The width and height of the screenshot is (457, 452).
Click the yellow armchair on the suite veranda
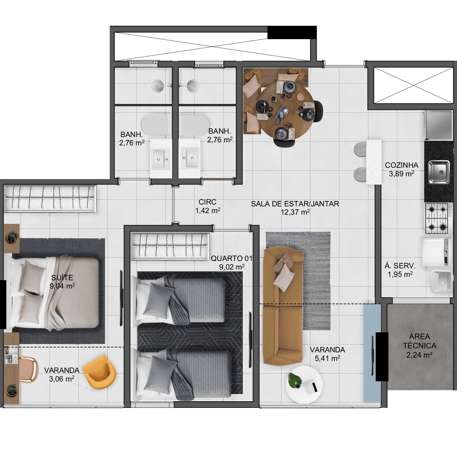coord(100,372)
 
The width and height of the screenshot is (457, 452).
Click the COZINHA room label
coord(402,165)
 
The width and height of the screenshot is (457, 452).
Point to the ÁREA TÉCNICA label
coord(420,341)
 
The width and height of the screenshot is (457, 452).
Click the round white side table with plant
coord(304,385)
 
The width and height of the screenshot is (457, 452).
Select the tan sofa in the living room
coord(283,306)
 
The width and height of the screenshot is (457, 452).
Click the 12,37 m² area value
coord(295,212)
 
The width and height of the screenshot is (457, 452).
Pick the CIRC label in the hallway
coord(208,202)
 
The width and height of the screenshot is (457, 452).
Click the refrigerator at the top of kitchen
coord(438,125)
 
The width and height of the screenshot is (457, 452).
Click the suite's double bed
coord(52,293)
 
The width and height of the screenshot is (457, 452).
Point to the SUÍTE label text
coord(62,278)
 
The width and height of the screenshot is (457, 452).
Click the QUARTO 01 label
coord(231,258)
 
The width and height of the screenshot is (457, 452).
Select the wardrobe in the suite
coord(50,199)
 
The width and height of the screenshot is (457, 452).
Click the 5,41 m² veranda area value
coord(327,358)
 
